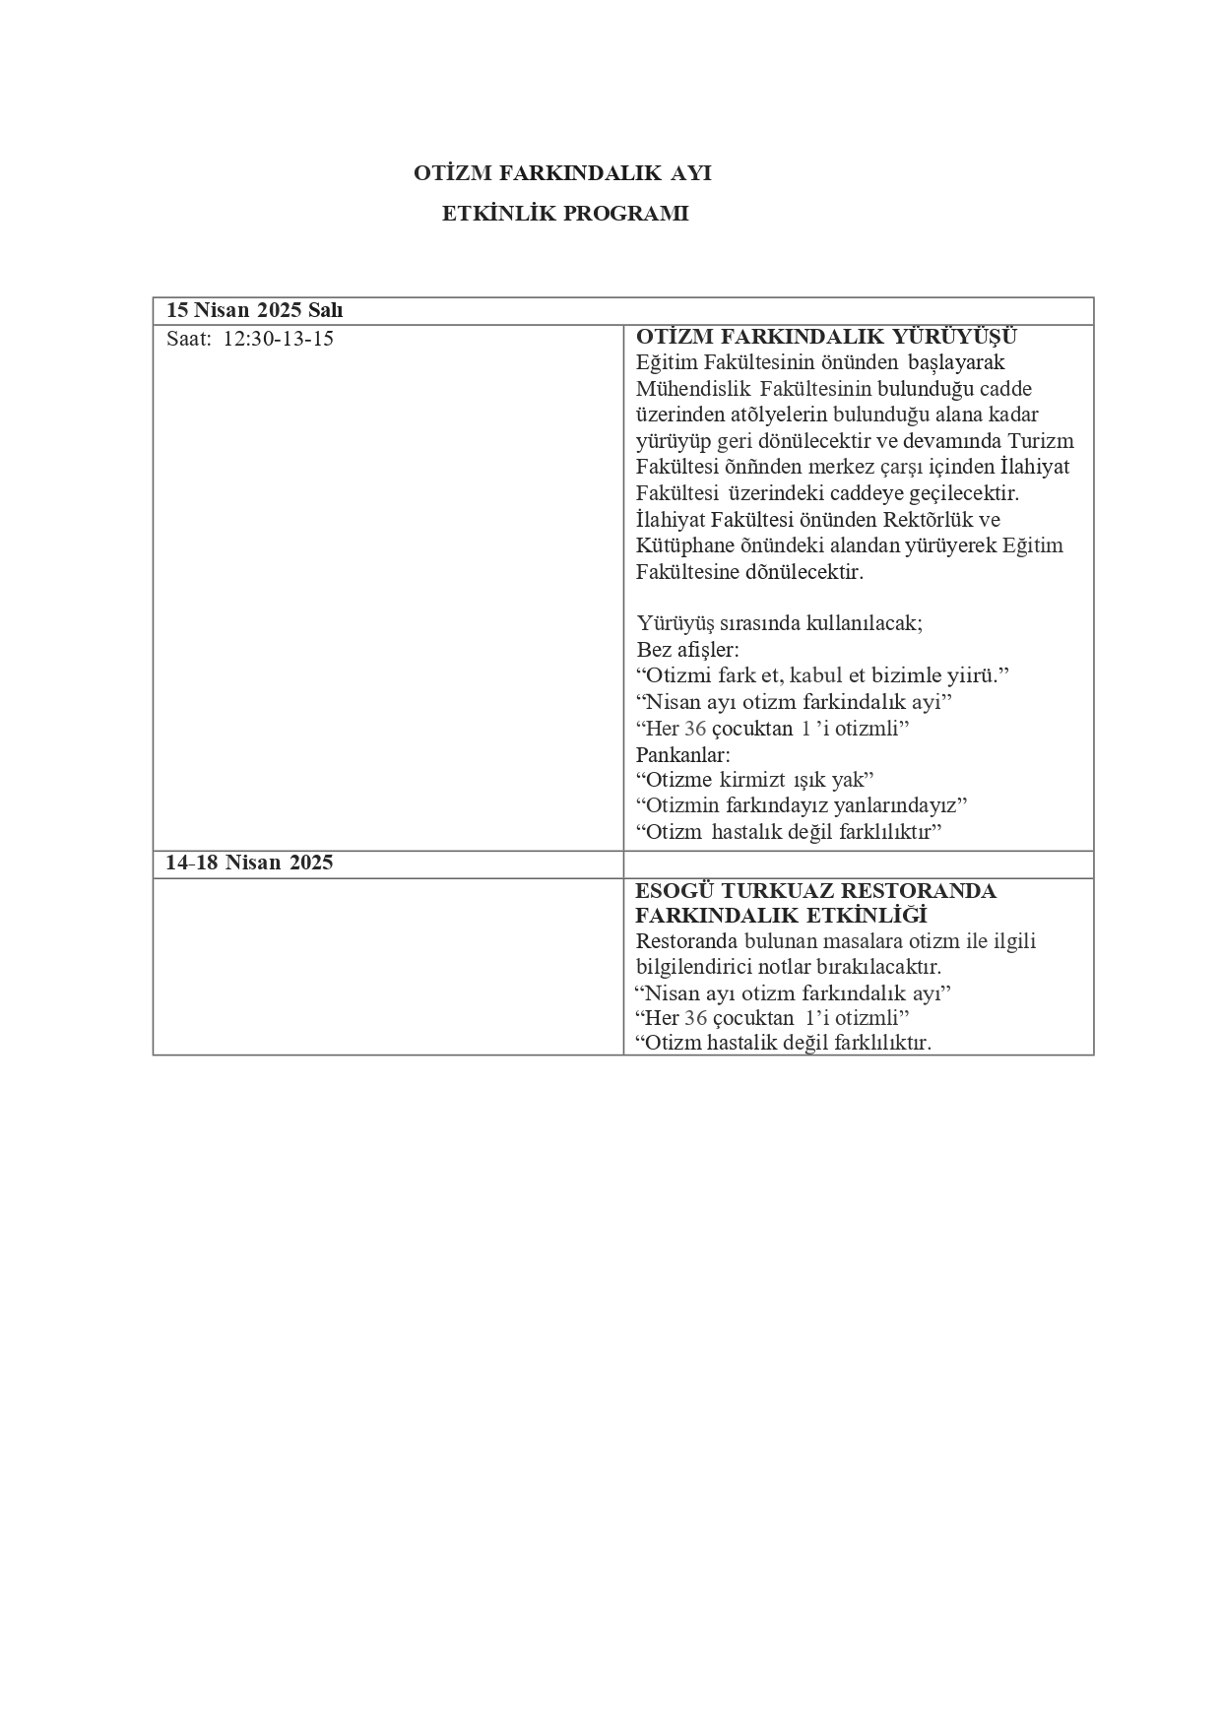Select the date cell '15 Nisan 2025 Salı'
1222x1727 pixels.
pyautogui.click(x=254, y=310)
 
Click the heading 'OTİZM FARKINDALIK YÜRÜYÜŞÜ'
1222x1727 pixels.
pyautogui.click(x=826, y=338)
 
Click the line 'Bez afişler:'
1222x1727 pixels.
pyautogui.click(x=687, y=650)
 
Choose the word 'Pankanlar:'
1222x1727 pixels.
pyautogui.click(x=683, y=755)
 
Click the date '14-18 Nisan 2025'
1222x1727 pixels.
pyautogui.click(x=249, y=863)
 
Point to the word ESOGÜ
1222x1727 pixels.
pyautogui.click(x=674, y=891)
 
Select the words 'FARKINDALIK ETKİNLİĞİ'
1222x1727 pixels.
pyautogui.click(x=782, y=916)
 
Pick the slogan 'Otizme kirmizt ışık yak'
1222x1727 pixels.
pyautogui.click(x=755, y=780)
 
